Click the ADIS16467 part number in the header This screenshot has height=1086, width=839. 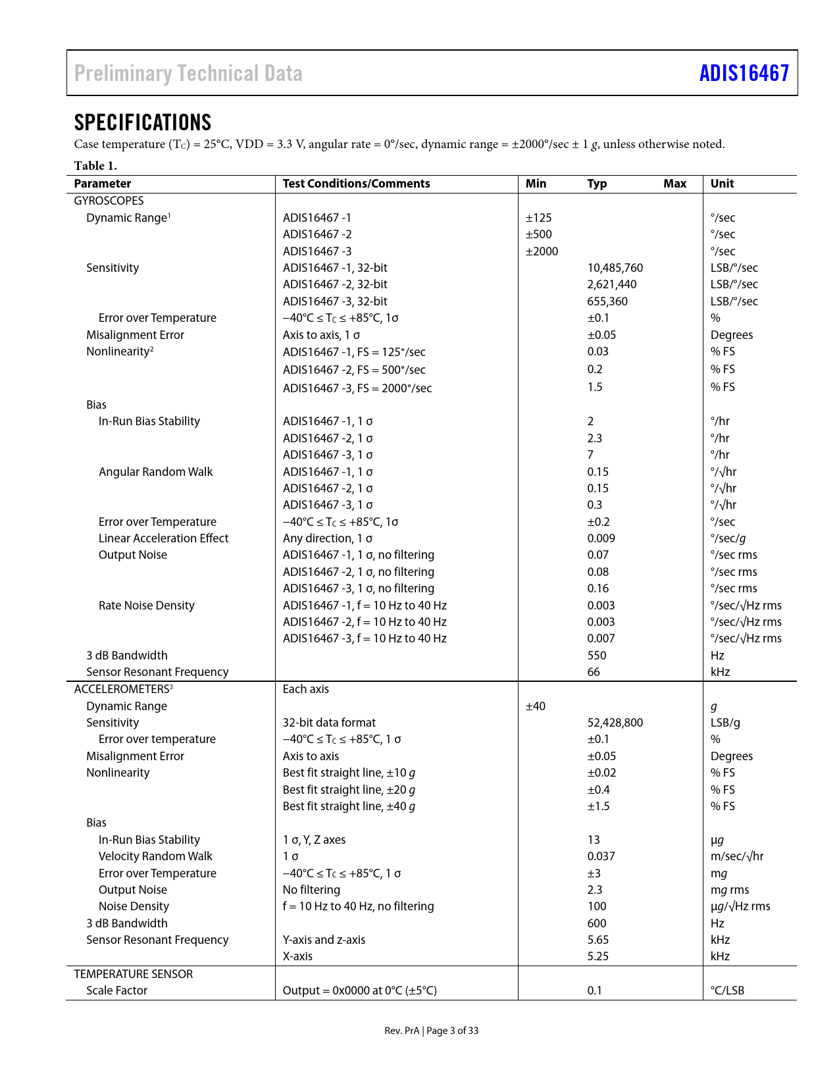[744, 73]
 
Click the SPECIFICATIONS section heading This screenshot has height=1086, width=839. [143, 122]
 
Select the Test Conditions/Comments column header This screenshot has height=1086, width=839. [356, 184]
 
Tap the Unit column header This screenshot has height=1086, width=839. [722, 184]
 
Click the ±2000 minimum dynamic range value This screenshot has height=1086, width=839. [542, 251]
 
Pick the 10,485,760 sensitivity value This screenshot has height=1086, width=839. [615, 268]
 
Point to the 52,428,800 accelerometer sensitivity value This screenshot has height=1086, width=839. [615, 723]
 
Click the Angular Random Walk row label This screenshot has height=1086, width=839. [156, 472]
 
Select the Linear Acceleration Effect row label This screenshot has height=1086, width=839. [163, 538]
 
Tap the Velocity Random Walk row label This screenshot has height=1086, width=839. [155, 856]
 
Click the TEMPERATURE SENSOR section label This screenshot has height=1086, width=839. [134, 974]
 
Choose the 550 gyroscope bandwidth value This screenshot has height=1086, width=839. [597, 656]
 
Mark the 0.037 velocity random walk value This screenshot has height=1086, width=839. [601, 856]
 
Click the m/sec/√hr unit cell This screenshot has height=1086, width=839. [737, 856]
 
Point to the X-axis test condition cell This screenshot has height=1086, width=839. [297, 956]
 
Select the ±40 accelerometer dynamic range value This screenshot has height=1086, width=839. [536, 706]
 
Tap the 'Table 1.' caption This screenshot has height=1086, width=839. [95, 165]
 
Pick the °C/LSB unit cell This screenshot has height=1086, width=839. [727, 991]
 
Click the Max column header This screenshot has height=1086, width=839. [674, 184]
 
